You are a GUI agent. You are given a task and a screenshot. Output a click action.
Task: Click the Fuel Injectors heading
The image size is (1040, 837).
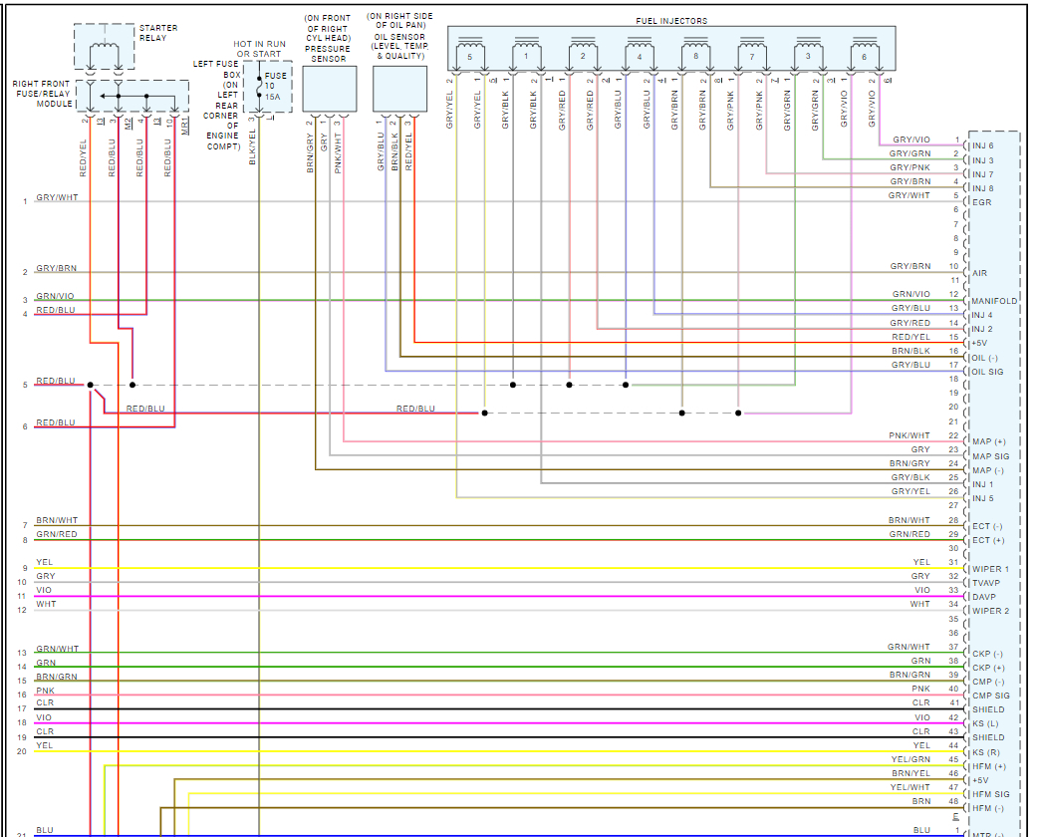point(671,21)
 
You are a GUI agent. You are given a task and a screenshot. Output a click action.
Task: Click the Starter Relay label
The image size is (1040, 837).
point(158,33)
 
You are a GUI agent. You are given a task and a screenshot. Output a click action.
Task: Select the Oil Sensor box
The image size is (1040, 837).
point(399,89)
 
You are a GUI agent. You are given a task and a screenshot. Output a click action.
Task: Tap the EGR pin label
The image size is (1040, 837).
point(981,202)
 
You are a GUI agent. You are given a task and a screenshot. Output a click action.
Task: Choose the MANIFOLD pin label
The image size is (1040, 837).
point(994,301)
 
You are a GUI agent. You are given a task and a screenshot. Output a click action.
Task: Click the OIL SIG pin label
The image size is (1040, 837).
point(987,373)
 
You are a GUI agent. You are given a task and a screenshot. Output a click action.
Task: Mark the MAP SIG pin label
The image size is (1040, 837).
point(990,456)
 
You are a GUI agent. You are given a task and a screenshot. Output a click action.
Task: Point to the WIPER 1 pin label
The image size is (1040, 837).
point(990,569)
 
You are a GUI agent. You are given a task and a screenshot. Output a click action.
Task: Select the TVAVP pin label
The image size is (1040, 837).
point(985,583)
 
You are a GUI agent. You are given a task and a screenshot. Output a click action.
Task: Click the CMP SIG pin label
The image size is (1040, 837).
point(990,696)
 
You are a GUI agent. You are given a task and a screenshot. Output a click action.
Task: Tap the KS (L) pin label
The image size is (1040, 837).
point(985,723)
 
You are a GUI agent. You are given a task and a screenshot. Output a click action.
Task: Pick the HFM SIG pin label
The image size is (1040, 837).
point(990,794)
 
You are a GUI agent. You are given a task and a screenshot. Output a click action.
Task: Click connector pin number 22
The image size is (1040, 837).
point(953,435)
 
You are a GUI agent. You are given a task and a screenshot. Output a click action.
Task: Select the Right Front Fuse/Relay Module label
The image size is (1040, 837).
point(41,94)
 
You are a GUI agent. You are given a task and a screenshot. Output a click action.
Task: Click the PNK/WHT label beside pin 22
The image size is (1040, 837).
point(910,436)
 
